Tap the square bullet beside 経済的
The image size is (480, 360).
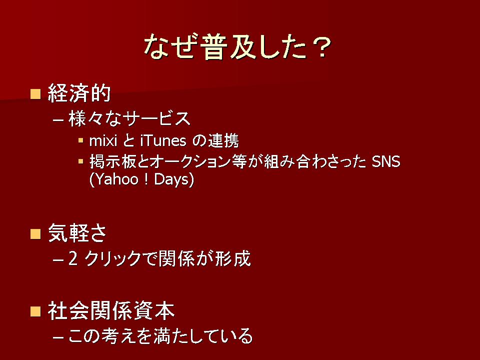click(35, 94)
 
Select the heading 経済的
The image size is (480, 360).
click(79, 93)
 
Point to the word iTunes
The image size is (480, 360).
click(163, 141)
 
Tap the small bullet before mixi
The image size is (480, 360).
click(81, 140)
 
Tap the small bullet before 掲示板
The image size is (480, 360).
click(81, 161)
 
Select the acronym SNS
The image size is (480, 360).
click(386, 161)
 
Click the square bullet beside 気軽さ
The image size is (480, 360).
click(35, 234)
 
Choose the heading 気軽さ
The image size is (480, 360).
click(77, 233)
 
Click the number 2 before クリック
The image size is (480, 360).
click(73, 258)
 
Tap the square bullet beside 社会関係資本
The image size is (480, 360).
click(35, 311)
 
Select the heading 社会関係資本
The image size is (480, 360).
click(111, 310)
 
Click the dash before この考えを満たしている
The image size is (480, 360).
click(58, 337)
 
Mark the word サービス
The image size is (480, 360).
click(158, 118)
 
